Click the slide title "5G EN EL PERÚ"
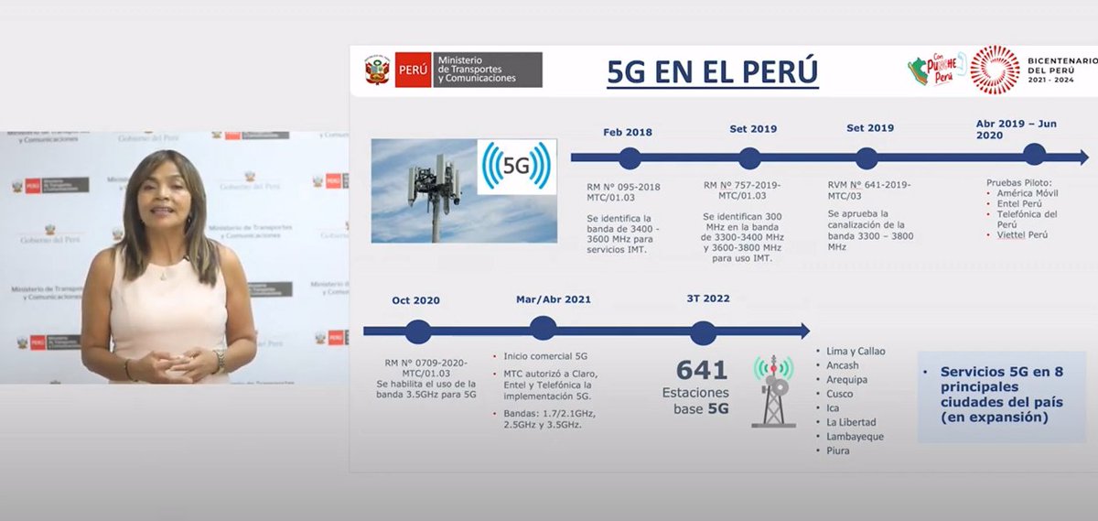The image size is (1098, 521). click(713, 71)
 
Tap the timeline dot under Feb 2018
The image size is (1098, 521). click(629, 158)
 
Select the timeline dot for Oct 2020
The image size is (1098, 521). click(417, 331)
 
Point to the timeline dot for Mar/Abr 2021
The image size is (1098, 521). click(543, 329)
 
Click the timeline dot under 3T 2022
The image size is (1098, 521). click(703, 331)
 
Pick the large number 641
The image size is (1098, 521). click(702, 370)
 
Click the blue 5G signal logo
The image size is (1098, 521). click(516, 168)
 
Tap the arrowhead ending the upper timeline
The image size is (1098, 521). click(1082, 157)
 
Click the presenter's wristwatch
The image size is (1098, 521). click(219, 359)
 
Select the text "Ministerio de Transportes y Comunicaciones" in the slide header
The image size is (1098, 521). click(477, 70)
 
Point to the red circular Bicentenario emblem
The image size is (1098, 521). click(995, 70)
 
